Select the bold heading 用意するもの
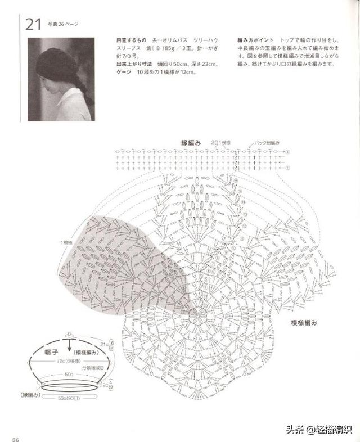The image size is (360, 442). (130, 42)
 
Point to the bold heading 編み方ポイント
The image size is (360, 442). (256, 42)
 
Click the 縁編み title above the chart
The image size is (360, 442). (191, 142)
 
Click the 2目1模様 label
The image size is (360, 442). (221, 143)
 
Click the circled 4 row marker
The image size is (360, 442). (287, 152)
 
